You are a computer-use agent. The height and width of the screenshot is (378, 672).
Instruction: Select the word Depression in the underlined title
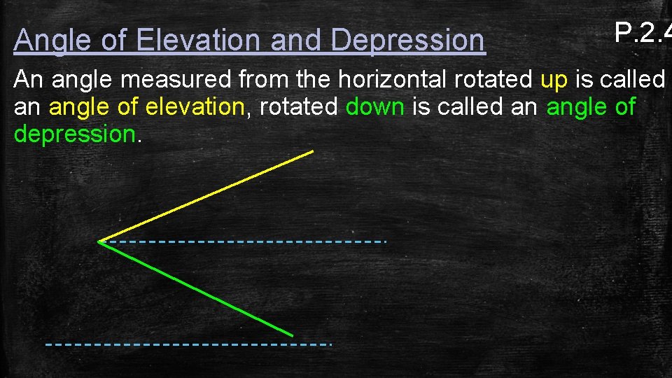coord(407,41)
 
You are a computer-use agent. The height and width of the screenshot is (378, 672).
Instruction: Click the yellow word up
coord(554,80)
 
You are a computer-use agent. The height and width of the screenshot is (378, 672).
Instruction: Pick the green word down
coord(374,107)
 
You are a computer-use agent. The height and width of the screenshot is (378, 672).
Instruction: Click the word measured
coord(178,80)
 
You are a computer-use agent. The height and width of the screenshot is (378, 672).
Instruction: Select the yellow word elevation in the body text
coord(194,107)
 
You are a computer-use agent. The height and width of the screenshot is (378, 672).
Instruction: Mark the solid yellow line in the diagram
coord(206,196)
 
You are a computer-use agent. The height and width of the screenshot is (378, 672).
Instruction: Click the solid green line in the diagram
coord(196,288)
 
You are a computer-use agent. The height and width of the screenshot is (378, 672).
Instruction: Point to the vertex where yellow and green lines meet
coord(99,241)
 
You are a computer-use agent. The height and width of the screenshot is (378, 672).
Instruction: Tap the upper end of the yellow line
coord(311,150)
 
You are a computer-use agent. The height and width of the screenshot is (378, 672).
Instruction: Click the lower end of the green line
coord(291,334)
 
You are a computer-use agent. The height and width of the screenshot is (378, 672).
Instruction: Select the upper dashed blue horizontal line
coord(245,241)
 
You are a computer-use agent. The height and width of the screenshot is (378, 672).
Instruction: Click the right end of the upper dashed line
coord(384,241)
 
